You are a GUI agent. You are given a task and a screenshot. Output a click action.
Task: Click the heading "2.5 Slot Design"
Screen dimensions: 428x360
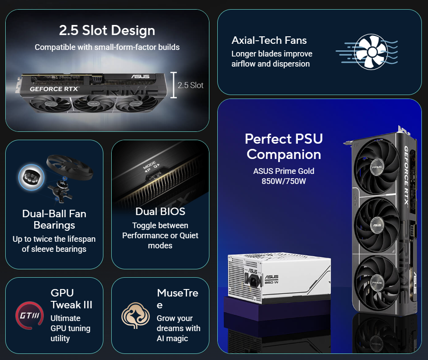[107, 30]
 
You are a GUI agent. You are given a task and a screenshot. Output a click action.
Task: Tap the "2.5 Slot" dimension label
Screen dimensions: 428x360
[191, 85]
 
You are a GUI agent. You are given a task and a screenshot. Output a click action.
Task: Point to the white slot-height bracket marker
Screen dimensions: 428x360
[173, 85]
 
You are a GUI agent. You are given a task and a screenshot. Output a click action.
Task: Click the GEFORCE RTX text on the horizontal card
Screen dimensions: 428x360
[54, 89]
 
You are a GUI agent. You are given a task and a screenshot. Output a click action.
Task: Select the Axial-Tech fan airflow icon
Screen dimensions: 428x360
[367, 52]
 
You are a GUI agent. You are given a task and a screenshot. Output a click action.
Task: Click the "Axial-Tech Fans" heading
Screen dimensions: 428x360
[269, 40]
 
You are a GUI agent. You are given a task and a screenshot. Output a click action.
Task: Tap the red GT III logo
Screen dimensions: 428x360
[29, 315]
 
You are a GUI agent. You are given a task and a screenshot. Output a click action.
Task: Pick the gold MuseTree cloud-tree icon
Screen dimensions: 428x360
[135, 315]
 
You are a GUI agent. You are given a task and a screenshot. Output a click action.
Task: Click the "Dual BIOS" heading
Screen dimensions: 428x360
[160, 212]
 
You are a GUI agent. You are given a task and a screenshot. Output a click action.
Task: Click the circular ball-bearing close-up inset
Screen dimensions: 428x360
[32, 177]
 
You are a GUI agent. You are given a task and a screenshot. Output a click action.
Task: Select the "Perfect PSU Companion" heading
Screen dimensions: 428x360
[284, 147]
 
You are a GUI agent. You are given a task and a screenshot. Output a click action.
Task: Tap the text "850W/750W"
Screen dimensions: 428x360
[284, 181]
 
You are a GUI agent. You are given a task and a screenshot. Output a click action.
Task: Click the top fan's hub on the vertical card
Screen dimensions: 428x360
[377, 167]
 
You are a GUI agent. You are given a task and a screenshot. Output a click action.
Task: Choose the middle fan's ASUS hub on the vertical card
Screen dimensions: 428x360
[377, 225]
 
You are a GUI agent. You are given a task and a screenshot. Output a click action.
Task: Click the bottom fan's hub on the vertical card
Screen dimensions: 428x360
[377, 283]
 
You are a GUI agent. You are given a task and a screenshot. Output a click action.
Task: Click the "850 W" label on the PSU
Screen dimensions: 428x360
[272, 282]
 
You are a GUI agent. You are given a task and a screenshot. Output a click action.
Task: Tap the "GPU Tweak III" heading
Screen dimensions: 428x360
[71, 299]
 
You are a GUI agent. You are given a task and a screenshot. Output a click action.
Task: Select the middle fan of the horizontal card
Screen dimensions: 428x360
[93, 104]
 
